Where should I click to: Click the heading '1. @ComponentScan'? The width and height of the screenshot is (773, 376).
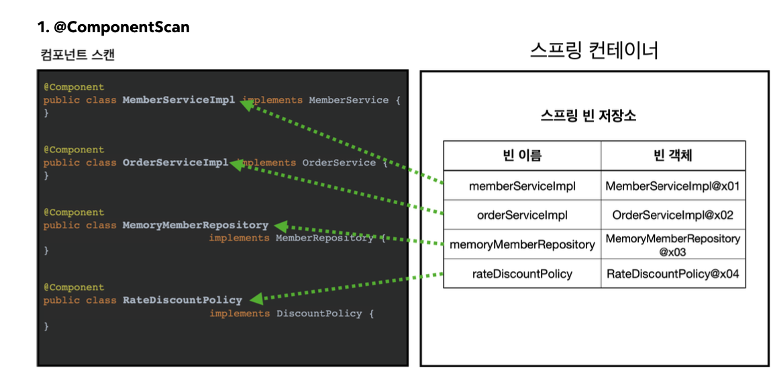tap(113, 28)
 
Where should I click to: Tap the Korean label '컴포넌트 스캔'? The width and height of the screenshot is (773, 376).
tap(77, 55)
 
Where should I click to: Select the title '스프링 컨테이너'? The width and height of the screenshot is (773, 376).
tap(594, 50)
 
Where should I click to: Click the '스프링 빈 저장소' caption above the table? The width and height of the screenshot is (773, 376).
tap(588, 115)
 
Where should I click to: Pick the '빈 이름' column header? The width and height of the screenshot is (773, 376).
tap(521, 156)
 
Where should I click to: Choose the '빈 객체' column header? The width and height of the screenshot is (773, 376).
tap(672, 156)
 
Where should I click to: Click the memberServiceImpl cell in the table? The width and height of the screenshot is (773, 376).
tap(522, 186)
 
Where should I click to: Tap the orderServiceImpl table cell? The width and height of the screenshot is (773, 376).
tap(522, 216)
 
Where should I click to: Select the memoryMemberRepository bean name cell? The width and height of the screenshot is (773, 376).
tap(522, 244)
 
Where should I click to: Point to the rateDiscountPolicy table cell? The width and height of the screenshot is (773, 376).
tap(522, 274)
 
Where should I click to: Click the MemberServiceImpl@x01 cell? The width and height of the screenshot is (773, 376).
tap(672, 186)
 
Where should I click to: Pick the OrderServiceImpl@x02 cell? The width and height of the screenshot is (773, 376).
tap(672, 216)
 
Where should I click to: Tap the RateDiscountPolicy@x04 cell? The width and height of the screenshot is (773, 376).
tap(672, 274)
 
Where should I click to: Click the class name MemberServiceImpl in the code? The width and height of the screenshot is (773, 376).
tap(178, 100)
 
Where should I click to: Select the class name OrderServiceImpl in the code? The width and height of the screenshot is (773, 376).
tap(175, 162)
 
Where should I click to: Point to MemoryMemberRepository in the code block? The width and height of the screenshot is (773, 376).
tap(195, 226)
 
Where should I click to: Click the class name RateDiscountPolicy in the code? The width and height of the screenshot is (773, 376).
tap(182, 300)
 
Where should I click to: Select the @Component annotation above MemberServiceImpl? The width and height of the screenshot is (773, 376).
tap(74, 87)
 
